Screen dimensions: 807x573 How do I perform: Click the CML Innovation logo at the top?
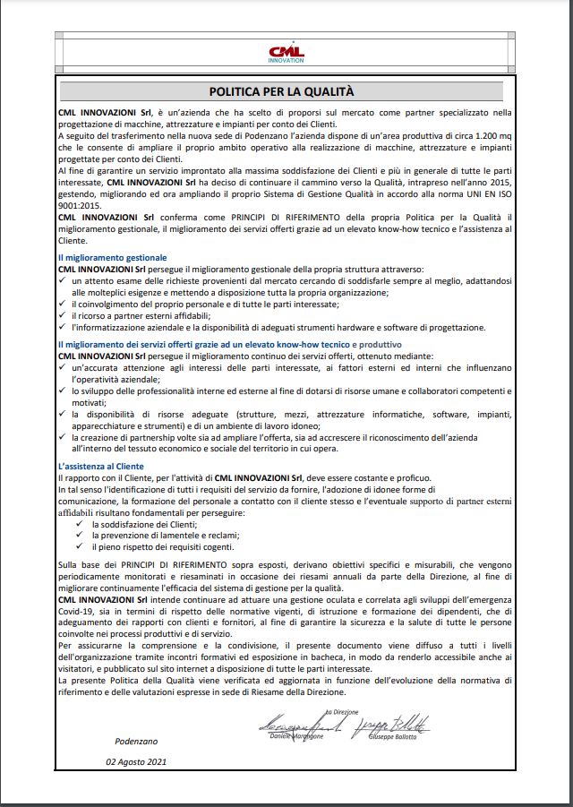point(286,54)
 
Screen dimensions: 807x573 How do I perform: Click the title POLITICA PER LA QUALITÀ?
point(282,91)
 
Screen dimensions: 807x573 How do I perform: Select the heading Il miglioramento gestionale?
point(112,257)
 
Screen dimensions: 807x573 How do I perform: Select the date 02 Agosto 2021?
point(136,762)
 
